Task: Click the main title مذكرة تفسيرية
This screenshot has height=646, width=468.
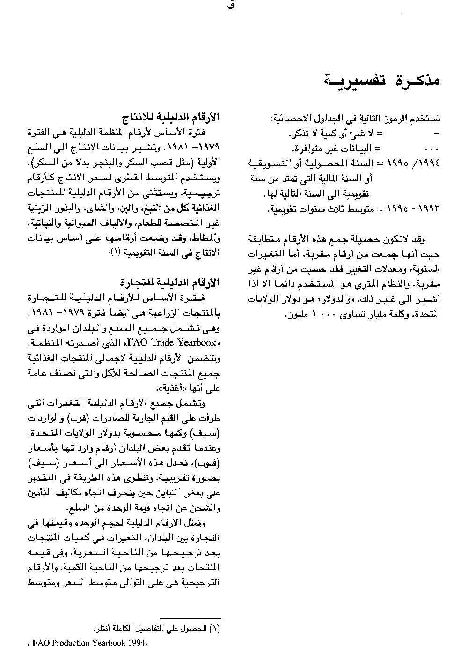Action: pyautogui.click(x=383, y=80)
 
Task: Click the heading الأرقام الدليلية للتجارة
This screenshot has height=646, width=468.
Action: pyautogui.click(x=173, y=282)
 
